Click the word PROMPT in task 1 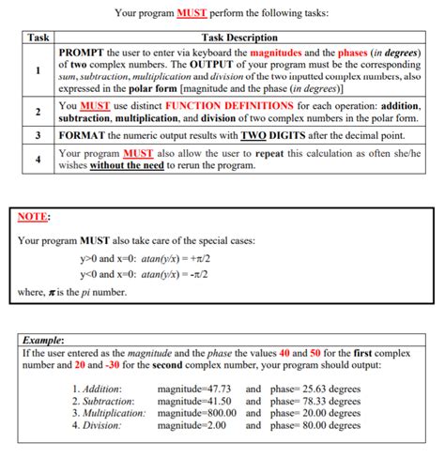(x=82, y=51)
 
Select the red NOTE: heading (x=34, y=219)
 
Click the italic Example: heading (x=43, y=341)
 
